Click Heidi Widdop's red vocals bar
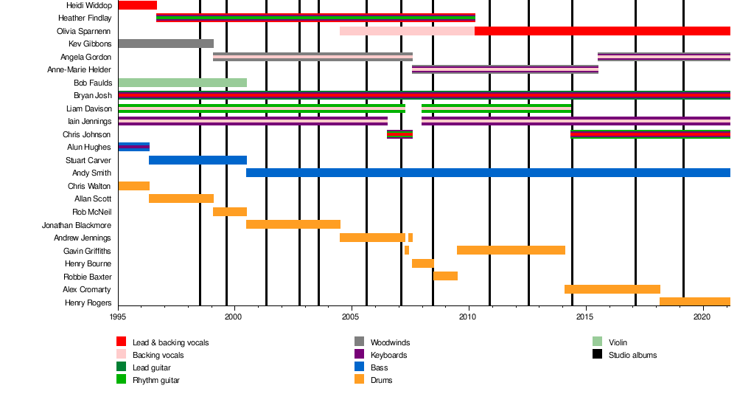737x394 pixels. point(137,5)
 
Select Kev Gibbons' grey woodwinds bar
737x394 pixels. point(166,44)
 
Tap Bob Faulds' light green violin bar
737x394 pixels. point(182,83)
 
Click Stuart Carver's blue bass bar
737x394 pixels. point(198,160)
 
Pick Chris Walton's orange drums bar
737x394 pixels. point(133,186)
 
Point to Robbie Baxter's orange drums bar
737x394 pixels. point(445,276)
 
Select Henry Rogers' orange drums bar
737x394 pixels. point(694,302)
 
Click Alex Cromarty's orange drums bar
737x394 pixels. point(612,289)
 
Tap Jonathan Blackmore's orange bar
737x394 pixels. point(293,224)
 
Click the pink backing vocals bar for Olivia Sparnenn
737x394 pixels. point(407,31)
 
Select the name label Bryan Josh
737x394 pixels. point(92,96)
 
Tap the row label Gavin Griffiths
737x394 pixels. point(87,251)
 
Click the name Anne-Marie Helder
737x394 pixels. point(79,70)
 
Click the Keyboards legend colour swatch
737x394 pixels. point(359,355)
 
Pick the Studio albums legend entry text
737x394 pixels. point(632,355)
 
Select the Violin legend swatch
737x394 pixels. point(598,342)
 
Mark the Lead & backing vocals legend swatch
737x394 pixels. point(122,342)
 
